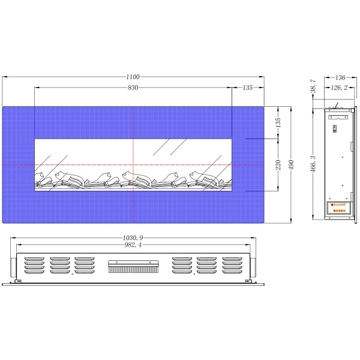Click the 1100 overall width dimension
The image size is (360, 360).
click(133, 77)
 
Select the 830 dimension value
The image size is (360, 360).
click(133, 88)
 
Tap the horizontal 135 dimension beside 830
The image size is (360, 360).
click(247, 88)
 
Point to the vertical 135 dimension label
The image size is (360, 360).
click(278, 122)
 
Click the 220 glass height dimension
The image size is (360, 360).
click(278, 165)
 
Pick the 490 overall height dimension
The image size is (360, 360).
click(291, 165)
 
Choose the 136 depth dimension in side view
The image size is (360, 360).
click(340, 77)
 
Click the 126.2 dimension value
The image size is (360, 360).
click(339, 88)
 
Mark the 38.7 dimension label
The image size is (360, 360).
click(313, 86)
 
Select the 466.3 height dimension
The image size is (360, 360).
click(313, 164)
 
